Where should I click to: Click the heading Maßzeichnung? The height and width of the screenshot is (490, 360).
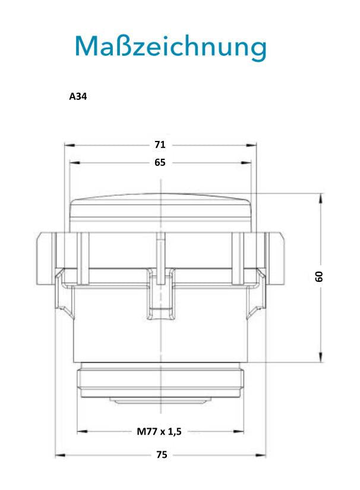tap(170, 46)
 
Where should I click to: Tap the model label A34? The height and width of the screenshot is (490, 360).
tap(78, 96)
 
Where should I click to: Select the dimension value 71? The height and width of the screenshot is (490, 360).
tap(160, 145)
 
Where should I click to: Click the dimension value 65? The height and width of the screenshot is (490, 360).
tap(160, 162)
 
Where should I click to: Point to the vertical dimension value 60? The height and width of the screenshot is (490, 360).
tap(319, 277)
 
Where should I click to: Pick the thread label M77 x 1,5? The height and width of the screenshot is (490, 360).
tap(159, 432)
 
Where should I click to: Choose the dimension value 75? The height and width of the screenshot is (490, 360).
tap(162, 455)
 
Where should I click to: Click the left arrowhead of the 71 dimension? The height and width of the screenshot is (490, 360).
tap(70, 145)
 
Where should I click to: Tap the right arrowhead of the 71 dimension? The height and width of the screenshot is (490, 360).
tap(251, 145)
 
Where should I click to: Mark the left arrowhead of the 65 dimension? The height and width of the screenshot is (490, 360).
tap(75, 163)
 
